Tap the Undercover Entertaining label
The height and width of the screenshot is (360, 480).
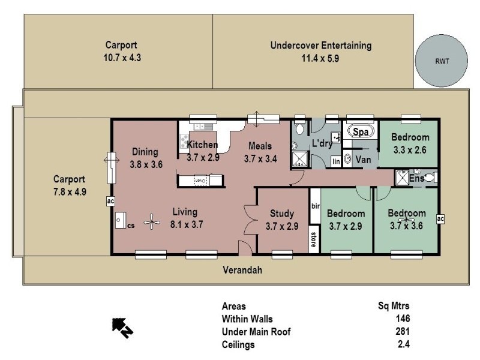tap(320, 46)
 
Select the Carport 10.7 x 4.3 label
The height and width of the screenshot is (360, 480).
tap(122, 44)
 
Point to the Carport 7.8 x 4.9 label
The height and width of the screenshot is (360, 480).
tap(70, 179)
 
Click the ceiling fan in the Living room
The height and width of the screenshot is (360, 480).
tap(154, 223)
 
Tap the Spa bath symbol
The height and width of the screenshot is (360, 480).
tap(360, 131)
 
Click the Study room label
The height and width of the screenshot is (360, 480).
tap(281, 214)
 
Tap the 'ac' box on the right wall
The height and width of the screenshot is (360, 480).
tap(441, 219)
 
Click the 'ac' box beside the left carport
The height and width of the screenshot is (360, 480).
tap(110, 202)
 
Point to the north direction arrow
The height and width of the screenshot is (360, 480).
tap(122, 327)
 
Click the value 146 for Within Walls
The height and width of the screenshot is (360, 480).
tap(402, 319)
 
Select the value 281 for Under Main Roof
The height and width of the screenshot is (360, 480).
tap(402, 332)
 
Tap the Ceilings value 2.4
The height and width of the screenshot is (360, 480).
tap(404, 344)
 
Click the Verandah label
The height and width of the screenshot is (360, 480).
tap(242, 270)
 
